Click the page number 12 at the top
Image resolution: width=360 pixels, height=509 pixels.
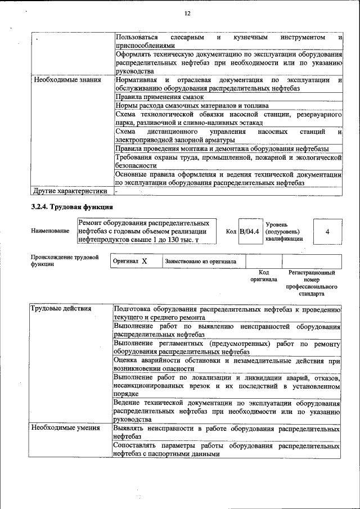pos(187,13)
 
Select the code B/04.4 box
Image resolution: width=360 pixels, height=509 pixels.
pos(249,231)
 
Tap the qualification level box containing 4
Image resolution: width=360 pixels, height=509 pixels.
pos(327,231)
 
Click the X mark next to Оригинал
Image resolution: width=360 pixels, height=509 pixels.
pos(145,262)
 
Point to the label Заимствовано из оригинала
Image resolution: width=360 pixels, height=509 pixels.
pos(201,262)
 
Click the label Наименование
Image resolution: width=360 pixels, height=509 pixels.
pos(51,231)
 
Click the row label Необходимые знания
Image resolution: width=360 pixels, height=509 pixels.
pos(67,80)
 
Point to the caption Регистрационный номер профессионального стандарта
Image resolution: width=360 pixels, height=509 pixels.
pos(311,283)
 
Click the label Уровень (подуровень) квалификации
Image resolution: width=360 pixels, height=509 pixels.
pos(284,231)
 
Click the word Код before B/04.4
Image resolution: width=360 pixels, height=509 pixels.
pos(231,231)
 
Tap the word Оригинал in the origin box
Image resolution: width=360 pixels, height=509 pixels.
pos(126,262)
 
